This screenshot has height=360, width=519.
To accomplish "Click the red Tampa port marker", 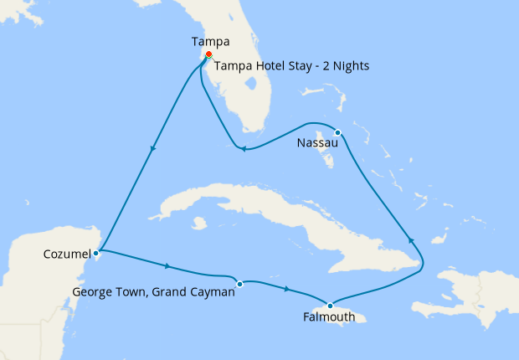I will (x=208, y=54).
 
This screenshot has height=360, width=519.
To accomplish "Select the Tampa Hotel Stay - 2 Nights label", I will (x=291, y=65).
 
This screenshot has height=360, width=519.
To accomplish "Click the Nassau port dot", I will (x=337, y=132).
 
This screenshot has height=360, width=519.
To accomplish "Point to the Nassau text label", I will (x=317, y=144).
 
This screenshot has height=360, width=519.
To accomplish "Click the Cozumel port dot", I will (x=97, y=251).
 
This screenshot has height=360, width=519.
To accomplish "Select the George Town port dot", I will (x=239, y=283).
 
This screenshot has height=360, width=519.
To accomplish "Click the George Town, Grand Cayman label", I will (x=154, y=292).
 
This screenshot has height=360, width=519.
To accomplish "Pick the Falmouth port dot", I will (x=331, y=305).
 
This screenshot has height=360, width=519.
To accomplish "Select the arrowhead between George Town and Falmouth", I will (x=287, y=289).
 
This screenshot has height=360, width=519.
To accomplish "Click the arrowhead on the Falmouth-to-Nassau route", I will (x=410, y=240).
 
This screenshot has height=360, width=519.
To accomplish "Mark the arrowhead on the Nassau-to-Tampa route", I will (x=242, y=150).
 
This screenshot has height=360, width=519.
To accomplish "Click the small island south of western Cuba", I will (x=198, y=224).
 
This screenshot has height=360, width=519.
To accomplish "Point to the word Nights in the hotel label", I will (x=351, y=65).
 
